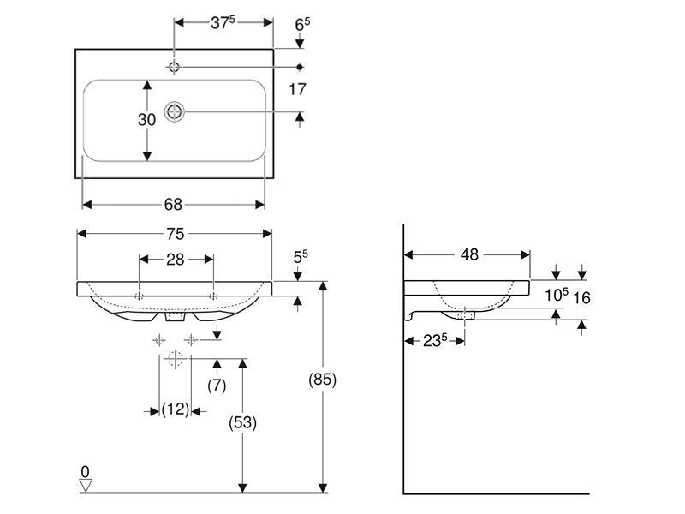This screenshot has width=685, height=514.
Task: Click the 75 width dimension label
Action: tap(175, 234)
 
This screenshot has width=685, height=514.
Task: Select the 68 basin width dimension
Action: tap(173, 205)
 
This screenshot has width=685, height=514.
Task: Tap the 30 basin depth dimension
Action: tap(146, 120)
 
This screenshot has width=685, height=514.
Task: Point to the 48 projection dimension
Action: tap(469, 254)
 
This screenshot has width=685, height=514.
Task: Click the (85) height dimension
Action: tap(323, 380)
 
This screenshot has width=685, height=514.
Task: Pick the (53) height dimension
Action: tap(243, 422)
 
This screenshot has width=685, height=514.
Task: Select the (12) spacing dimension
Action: tap(176, 410)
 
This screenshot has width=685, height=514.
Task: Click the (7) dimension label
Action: tap(217, 385)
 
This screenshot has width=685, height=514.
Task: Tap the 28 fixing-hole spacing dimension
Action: tap(176, 260)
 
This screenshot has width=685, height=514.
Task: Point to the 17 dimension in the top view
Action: tap(297, 90)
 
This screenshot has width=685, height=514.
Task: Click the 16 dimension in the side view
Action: tap(581, 298)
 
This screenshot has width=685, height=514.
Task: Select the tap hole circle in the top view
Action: tap(175, 67)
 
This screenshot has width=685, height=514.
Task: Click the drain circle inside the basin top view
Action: tap(175, 112)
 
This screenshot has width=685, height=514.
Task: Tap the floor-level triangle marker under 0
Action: tap(86, 485)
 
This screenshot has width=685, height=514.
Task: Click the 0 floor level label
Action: tap(85, 472)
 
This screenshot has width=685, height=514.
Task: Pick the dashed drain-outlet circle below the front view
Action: tap(175, 359)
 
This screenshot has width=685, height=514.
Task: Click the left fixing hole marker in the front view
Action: tap(139, 296)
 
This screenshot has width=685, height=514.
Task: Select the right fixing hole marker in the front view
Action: tap(213, 296)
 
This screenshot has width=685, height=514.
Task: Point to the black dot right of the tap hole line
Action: tap(300, 67)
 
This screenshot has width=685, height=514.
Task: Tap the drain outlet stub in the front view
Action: tap(176, 316)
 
